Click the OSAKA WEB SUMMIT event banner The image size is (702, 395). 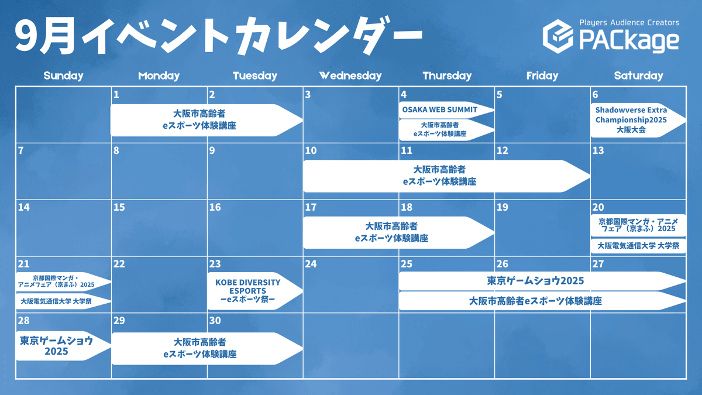coord(446,110)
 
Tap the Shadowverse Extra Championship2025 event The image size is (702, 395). coord(638,120)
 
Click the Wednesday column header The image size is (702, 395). coord(350,75)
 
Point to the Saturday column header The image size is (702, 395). coord(638,75)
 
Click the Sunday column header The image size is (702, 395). coord(63,75)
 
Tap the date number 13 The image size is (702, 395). coord(598,150)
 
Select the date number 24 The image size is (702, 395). coord(311,264)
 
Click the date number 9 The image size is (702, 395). coord(212,150)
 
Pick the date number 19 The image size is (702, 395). coord(502,207)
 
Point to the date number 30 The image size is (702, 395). coord(215,321)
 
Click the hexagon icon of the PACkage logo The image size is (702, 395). coord(558,36)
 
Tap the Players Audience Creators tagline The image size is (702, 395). coord(629,23)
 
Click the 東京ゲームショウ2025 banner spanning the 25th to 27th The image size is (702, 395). coord(542,281)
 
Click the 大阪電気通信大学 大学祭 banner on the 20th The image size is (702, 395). coord(638,246)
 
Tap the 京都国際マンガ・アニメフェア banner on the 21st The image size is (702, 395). coord(63,281)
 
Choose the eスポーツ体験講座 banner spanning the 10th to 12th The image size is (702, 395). coord(446,176)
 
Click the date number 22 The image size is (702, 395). coord(119,264)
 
